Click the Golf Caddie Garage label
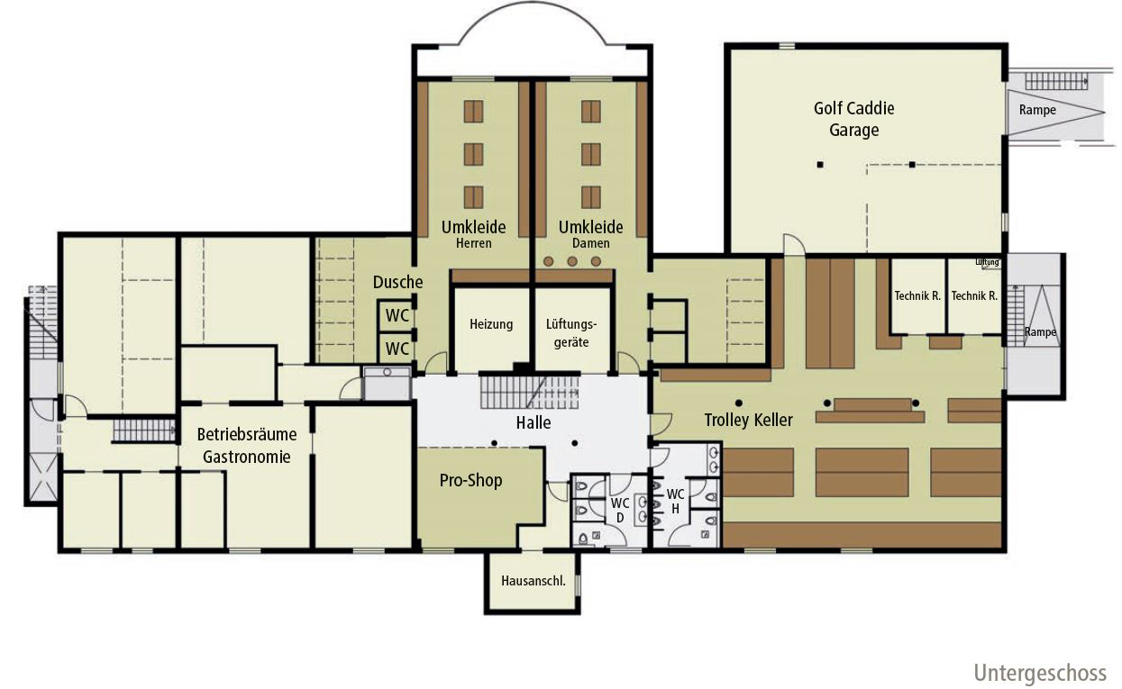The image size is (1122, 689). tap(854, 119)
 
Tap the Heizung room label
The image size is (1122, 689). tap(491, 324)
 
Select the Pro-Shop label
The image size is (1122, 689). tap(470, 480)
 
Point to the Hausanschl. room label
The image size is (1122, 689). tap(533, 581)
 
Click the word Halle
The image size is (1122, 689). tap(534, 422)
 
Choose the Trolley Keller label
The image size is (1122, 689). tap(748, 420)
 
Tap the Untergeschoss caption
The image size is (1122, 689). tap(1040, 674)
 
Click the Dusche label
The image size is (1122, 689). tap(397, 282)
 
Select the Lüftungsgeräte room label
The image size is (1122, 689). tap(571, 333)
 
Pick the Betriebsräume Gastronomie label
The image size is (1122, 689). tap(247, 446)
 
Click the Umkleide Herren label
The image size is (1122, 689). tap(473, 234)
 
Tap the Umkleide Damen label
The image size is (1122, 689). tap(590, 234)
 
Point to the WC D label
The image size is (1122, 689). tap(620, 510)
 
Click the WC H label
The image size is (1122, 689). tap(675, 502)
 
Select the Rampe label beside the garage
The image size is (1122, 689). tap(1037, 110)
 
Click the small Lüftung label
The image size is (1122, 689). tap(987, 262)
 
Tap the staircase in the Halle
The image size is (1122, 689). tap(529, 392)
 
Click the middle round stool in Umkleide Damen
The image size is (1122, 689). tap(572, 261)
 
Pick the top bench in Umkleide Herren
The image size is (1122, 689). tap(473, 111)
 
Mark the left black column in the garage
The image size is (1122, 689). tap(820, 165)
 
